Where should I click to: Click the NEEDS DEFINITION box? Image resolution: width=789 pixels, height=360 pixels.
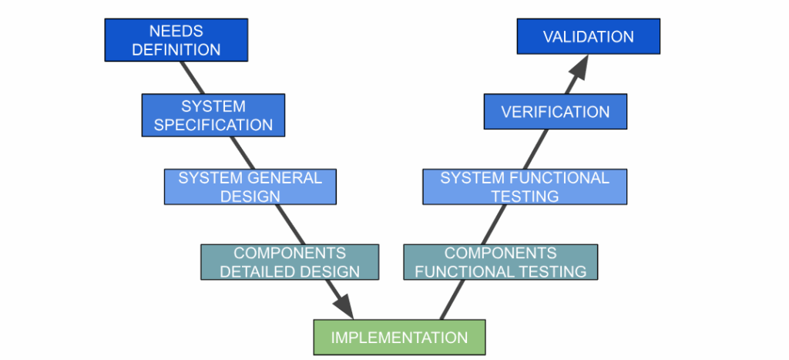pos(176,40)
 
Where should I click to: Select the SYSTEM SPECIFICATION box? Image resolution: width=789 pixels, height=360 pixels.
pos(213,115)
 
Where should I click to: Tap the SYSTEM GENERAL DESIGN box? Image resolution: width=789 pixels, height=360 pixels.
pos(250,187)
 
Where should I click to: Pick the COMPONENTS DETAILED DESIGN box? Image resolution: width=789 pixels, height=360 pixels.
pos(290,262)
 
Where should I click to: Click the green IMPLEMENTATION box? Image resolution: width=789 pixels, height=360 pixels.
pos(399,338)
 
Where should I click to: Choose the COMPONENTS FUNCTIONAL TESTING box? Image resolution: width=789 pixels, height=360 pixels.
pos(500,262)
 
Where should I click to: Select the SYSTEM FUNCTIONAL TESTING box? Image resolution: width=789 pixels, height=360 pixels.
pos(524,187)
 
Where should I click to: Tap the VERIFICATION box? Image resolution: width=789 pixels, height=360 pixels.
pos(555,112)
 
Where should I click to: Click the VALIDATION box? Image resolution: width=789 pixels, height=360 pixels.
pos(588,36)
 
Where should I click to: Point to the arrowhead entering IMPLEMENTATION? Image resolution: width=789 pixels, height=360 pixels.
pos(343,306)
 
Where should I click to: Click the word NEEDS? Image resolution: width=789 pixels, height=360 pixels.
pos(176,32)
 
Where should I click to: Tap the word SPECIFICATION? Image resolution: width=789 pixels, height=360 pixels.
pos(213,124)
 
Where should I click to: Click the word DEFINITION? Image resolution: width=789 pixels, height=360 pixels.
pos(176,49)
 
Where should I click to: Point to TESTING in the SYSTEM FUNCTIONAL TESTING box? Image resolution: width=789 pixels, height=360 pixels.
pos(525,196)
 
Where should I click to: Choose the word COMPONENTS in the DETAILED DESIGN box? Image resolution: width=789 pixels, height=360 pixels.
pos(290,253)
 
